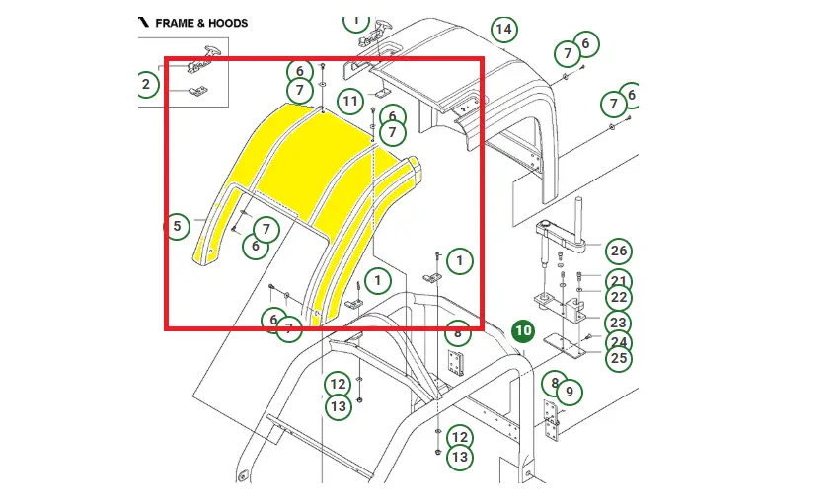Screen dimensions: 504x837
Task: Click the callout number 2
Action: click(146, 84)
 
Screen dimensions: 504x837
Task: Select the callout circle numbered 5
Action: click(176, 227)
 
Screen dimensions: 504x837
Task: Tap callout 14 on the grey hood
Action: click(503, 29)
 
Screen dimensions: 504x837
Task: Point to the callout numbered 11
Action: click(350, 101)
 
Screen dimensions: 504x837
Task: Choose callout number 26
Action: click(618, 251)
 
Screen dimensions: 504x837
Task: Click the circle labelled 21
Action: click(618, 280)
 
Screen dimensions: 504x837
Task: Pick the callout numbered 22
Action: click(618, 297)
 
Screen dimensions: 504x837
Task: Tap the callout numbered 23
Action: click(618, 322)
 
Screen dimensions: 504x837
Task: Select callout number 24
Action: click(618, 342)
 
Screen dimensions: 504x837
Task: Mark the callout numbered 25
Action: click(618, 358)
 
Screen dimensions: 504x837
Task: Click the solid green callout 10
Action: click(522, 331)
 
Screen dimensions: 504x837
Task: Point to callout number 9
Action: click(569, 393)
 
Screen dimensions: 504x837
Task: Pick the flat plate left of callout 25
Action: click(566, 345)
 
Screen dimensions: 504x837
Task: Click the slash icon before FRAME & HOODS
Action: click(143, 21)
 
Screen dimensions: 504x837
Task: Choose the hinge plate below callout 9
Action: click(551, 423)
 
